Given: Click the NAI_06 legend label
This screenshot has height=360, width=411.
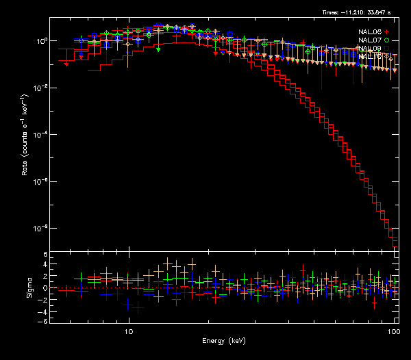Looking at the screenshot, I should [x=370, y=32].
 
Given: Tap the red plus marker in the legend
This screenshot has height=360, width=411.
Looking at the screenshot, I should [x=387, y=32].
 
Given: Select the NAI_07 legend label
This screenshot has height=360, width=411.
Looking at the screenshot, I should [x=370, y=40].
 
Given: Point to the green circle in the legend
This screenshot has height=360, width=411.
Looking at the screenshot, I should [x=387, y=40].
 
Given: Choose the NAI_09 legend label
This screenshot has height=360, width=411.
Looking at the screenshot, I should [x=370, y=49].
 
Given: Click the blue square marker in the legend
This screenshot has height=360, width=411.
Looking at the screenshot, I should [x=387, y=49].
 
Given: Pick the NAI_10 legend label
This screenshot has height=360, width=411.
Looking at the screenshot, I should [x=370, y=57].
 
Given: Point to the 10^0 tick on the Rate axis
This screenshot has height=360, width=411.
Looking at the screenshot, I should [x=40, y=41].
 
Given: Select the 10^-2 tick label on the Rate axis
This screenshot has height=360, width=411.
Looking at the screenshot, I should [x=40, y=88].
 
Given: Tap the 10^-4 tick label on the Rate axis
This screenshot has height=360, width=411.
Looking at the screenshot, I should [x=40, y=134].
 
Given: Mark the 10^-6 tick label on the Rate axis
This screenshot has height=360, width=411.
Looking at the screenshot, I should [x=40, y=181].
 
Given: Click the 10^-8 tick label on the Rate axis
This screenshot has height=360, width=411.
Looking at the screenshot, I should [x=40, y=228].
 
